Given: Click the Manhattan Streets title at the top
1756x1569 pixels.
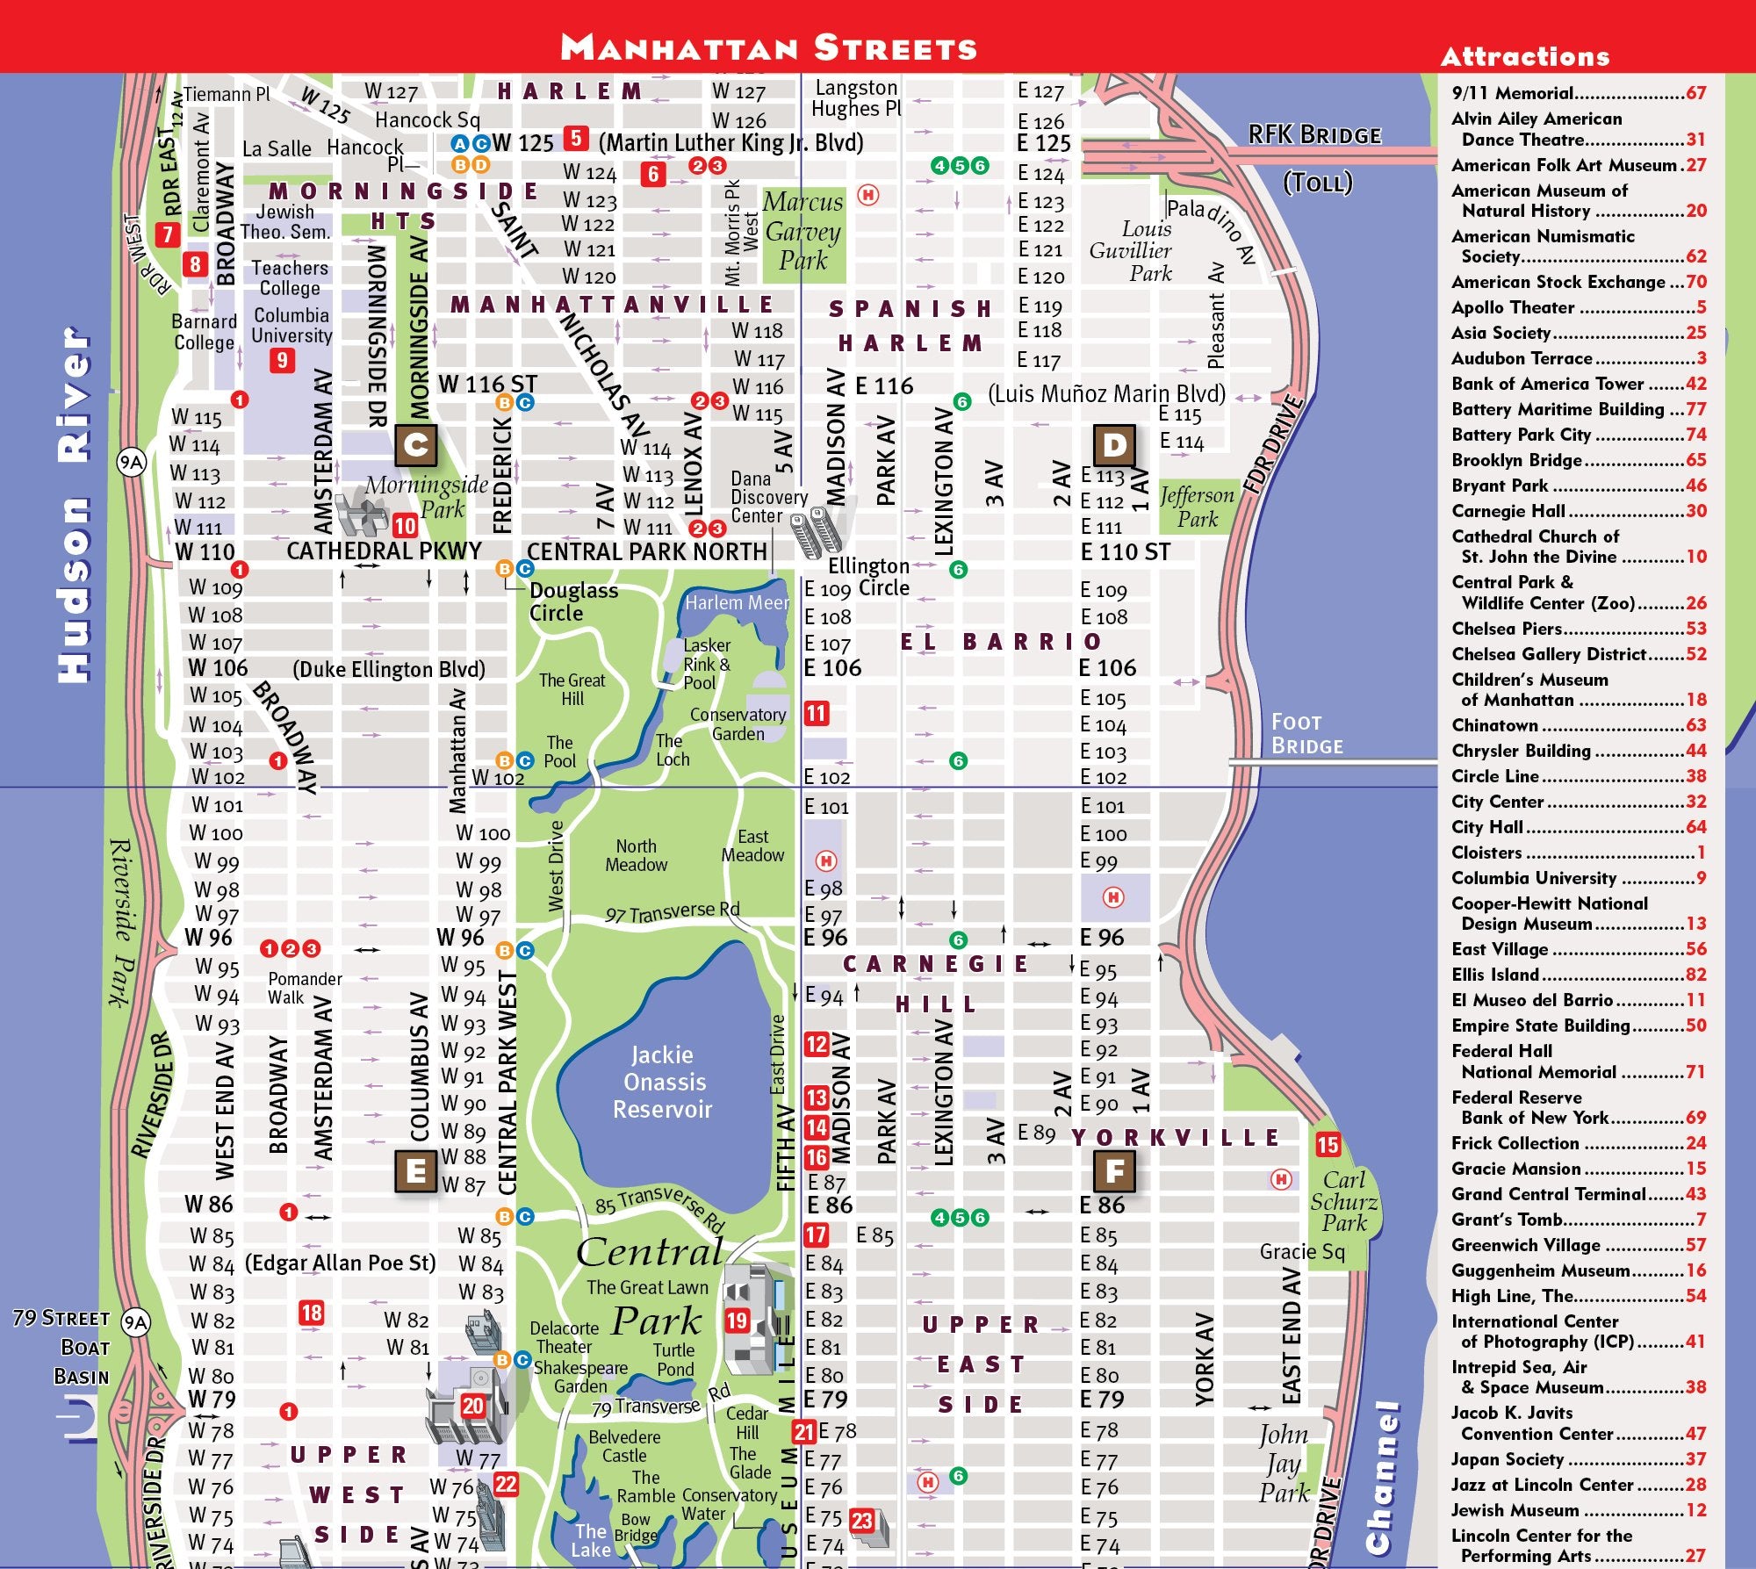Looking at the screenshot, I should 768,47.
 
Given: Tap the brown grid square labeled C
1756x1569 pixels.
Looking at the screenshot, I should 416,446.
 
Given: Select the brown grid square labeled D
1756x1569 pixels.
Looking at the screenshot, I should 1114,446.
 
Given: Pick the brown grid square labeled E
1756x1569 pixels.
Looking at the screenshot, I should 416,1170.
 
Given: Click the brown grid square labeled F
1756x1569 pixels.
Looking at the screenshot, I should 1114,1170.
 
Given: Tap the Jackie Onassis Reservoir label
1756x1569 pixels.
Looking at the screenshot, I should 663,1082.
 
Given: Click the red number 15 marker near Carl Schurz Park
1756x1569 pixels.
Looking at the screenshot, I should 1328,1144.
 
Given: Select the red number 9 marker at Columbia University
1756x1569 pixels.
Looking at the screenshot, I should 282,360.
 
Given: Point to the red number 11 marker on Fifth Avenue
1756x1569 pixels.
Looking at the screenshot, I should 817,713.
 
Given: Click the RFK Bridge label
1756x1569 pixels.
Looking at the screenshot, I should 1314,135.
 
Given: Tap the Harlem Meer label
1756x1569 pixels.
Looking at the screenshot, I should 736,603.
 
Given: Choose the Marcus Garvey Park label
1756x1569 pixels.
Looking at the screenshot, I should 803,231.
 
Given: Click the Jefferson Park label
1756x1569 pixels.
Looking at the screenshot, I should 1197,507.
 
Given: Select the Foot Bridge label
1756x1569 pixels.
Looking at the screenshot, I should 1306,734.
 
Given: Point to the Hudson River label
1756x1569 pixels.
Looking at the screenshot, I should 74,505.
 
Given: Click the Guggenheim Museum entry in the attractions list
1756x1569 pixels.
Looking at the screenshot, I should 1578,1270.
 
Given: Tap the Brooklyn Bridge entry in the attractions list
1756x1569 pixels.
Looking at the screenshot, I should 1578,460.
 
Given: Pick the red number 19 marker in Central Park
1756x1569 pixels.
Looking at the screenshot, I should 737,1321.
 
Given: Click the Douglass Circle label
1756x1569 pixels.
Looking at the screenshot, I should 572,602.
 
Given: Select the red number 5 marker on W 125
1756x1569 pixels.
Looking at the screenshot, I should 576,139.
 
